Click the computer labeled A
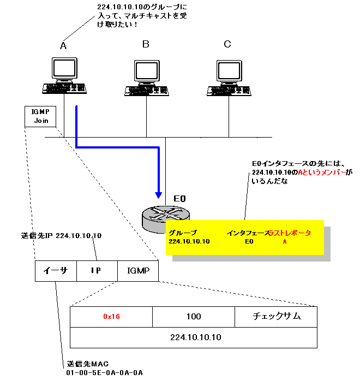[64, 77]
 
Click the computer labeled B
[146, 77]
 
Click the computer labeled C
[228, 77]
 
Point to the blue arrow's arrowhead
[159, 194]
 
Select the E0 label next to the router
[181, 198]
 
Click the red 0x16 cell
[111, 316]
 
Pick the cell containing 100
[193, 316]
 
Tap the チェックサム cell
[276, 316]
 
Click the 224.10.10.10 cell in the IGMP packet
[193, 337]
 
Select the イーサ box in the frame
[55, 270]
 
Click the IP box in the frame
[97, 270]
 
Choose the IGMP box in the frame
[137, 270]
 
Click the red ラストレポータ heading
[290, 233]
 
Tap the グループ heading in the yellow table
[183, 233]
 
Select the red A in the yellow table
[284, 241]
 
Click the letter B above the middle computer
[146, 44]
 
